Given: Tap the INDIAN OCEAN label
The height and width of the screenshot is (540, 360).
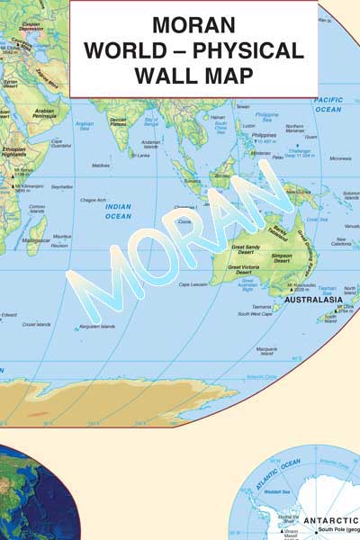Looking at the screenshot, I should pos(118,211).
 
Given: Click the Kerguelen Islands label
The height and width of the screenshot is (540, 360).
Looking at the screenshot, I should pos(96,326).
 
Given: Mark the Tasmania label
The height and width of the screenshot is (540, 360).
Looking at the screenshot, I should pos(265,306).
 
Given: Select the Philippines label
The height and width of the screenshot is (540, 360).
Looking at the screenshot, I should pos(265,134).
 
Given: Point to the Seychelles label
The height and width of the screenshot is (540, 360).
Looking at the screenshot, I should pos(61,186).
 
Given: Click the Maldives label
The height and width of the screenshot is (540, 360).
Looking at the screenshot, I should pos(101,165).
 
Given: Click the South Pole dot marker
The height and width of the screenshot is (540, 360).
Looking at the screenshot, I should pos(316,532).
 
